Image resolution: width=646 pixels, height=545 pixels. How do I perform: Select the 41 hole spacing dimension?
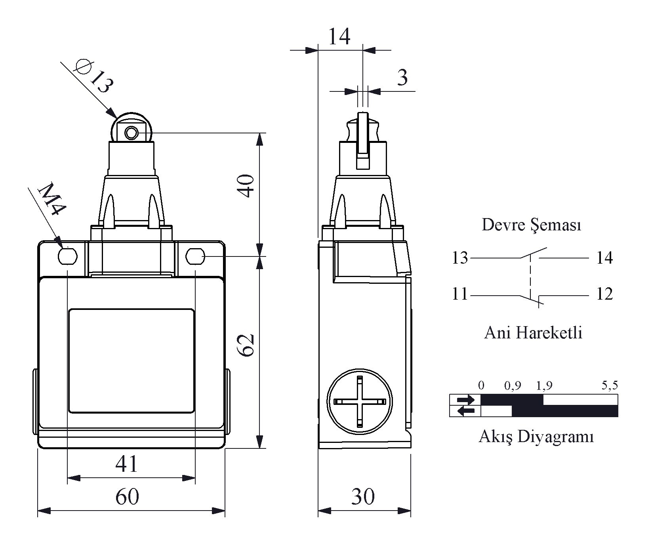click(x=127, y=463)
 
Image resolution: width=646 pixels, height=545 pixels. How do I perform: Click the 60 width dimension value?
click(x=127, y=496)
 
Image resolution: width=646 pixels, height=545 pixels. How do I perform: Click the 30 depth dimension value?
click(x=363, y=496)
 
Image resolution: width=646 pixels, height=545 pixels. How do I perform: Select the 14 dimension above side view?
click(x=339, y=36)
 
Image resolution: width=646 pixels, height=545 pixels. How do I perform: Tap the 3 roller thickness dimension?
click(x=402, y=77)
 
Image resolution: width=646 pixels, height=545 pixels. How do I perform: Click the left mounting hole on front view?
click(x=68, y=256)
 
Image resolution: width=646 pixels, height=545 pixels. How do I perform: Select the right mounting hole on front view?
click(x=195, y=256)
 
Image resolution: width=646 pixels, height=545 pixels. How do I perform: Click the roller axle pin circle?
click(x=130, y=133)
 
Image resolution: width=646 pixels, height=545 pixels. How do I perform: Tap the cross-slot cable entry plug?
click(x=359, y=402)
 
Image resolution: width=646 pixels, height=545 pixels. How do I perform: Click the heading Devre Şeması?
click(x=531, y=225)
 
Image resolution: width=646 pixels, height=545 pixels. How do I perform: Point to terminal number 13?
click(x=460, y=258)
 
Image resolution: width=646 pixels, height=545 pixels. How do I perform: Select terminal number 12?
click(x=604, y=294)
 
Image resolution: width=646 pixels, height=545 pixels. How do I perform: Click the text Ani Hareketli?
click(x=533, y=332)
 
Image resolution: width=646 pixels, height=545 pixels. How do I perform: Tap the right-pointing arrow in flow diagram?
click(x=465, y=400)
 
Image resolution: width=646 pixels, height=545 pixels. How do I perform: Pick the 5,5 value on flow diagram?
click(x=610, y=385)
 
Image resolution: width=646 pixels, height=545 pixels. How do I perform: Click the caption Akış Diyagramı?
click(x=536, y=437)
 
